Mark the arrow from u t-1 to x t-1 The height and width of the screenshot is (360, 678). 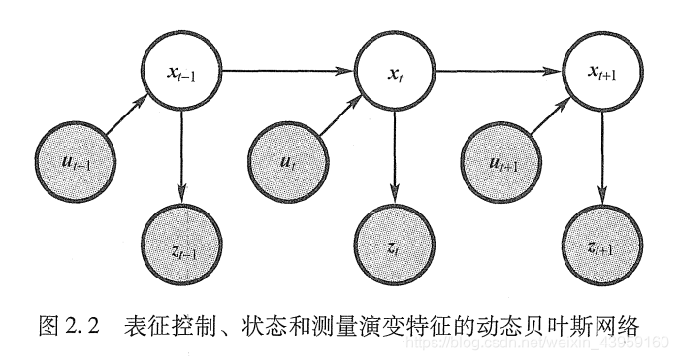point(123,115)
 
